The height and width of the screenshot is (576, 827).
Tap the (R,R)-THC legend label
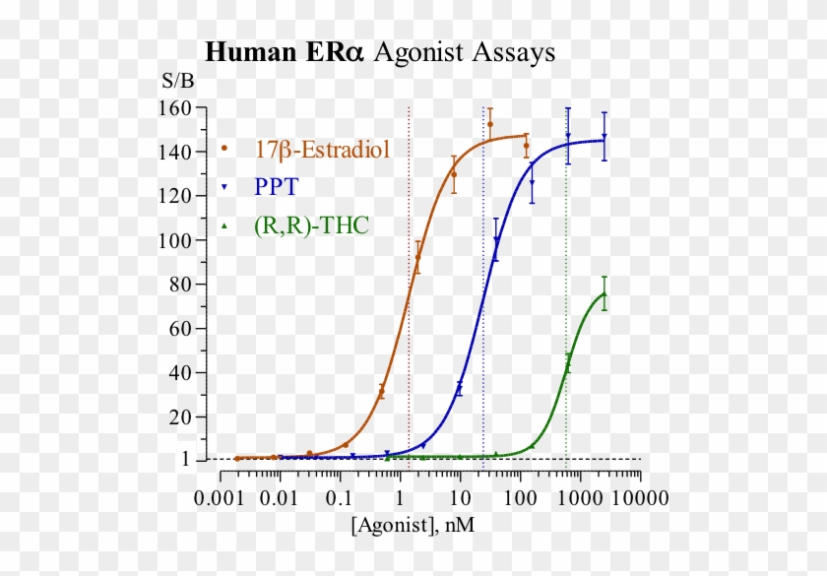(310, 225)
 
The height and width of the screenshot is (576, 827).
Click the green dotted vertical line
(567, 295)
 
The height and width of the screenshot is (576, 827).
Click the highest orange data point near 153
(490, 124)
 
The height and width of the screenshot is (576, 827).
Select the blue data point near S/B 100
(497, 239)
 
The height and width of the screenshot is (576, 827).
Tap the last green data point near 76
(604, 293)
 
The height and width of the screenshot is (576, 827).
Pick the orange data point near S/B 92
(417, 258)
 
